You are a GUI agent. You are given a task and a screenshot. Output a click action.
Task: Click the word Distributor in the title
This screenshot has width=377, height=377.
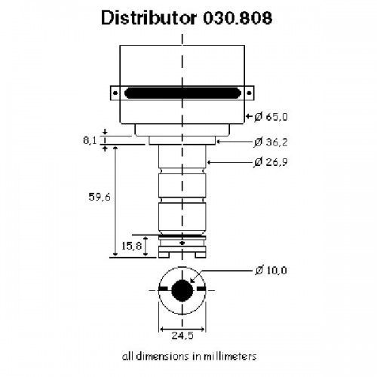coord(149,18)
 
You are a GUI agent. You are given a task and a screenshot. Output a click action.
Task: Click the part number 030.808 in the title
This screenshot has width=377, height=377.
coord(238,18)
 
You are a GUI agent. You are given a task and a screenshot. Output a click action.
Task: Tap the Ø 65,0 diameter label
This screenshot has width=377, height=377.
coord(271,117)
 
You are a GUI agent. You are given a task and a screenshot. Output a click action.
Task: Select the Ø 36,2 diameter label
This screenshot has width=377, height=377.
coord(271,143)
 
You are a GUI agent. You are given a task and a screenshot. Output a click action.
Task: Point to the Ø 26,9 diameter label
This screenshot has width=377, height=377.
coord(271,162)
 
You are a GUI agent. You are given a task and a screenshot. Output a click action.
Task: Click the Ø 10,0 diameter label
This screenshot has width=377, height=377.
coord(271,271)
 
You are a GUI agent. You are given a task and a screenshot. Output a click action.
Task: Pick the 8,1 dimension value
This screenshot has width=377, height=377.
coord(90,140)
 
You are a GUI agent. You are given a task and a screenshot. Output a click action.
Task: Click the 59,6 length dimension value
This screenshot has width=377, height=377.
coord(100,197)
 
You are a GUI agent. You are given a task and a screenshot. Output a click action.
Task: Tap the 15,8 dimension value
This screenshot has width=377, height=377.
coord(132,246)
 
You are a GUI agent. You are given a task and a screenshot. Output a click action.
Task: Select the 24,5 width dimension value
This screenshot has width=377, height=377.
coord(182,336)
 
